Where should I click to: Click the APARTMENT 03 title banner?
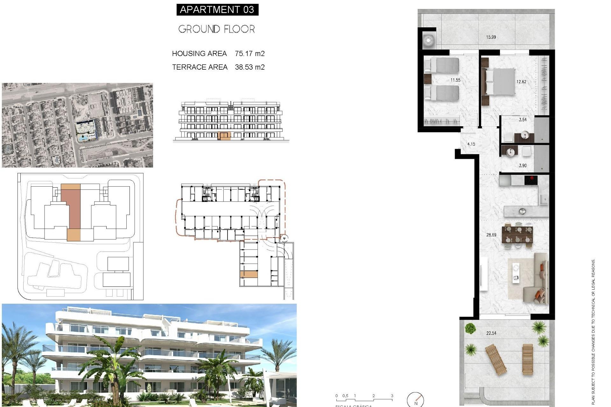point(217,10)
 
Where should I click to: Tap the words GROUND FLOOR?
point(216,29)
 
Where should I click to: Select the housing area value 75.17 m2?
point(249,54)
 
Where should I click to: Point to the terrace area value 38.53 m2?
point(249,67)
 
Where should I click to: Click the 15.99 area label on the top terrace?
point(491,37)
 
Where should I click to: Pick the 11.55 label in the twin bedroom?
point(455,80)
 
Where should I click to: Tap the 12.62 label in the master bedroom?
point(521,82)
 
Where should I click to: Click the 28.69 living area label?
point(491,235)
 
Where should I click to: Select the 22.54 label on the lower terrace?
point(491,333)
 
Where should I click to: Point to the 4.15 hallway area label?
point(471,144)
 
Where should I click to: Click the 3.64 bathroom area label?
point(523,120)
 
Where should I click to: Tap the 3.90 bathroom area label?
point(523,166)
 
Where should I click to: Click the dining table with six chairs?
point(517,234)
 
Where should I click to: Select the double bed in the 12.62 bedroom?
point(500,82)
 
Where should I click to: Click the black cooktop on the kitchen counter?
point(531,180)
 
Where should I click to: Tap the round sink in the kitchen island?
point(522,211)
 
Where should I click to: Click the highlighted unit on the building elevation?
point(224,136)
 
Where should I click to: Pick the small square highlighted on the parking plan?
point(249,274)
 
